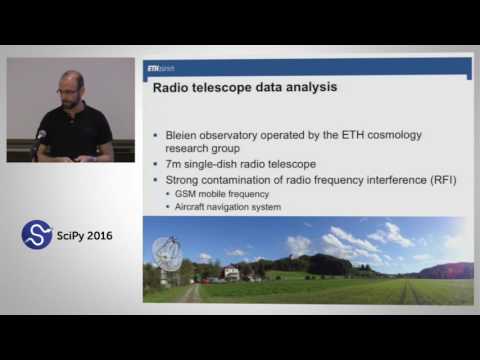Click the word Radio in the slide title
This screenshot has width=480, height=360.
[x=171, y=87]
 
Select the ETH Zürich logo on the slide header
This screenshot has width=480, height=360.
[x=160, y=69]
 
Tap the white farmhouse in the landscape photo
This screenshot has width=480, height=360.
[x=231, y=271]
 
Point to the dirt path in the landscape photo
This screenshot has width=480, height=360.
[x=190, y=292]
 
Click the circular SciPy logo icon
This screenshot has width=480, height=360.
[x=37, y=235]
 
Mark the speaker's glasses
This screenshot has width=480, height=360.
[x=68, y=91]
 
